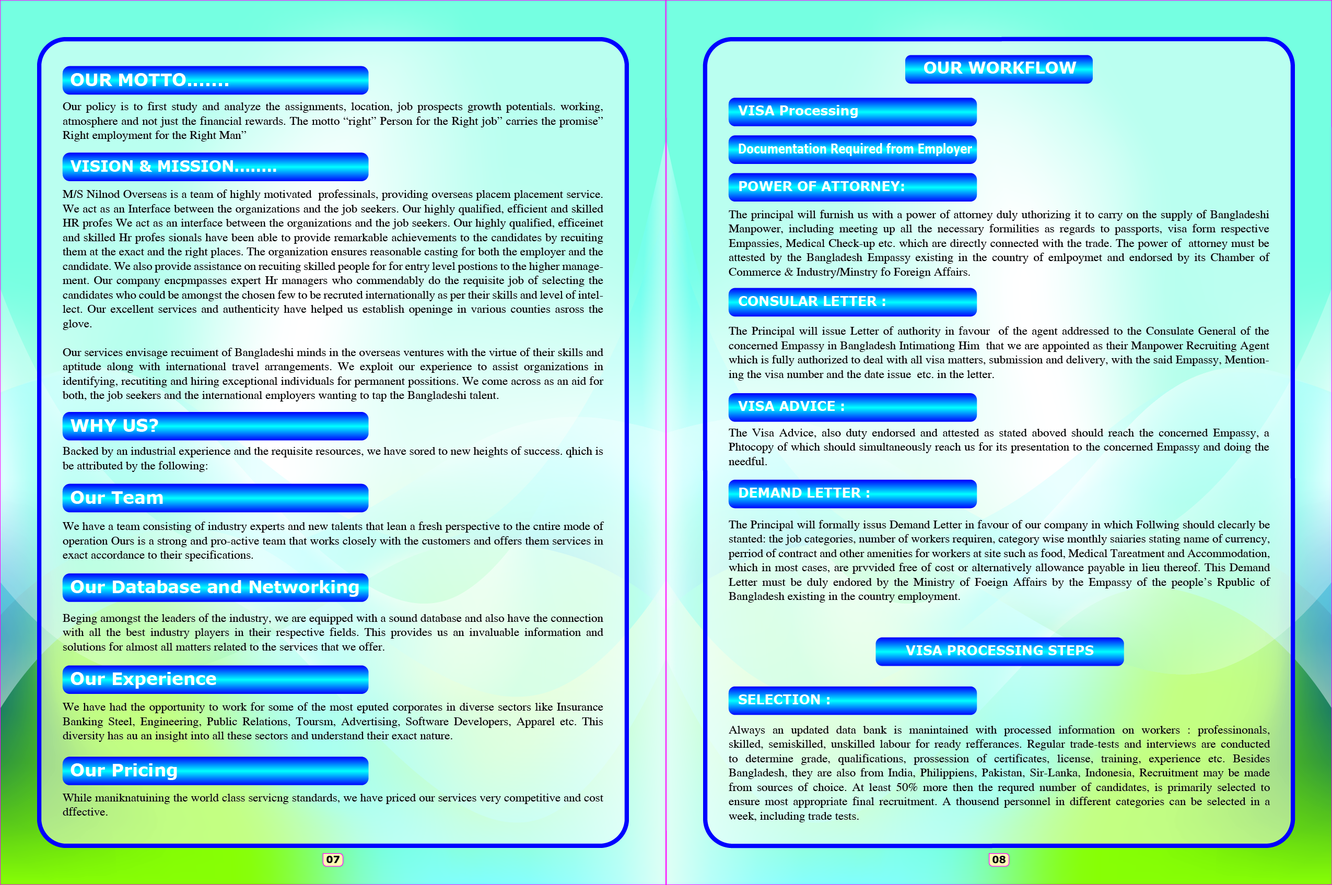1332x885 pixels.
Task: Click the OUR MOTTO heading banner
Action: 215,80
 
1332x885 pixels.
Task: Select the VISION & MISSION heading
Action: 215,167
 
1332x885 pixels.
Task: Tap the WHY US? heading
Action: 215,426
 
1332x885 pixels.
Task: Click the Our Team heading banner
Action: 215,498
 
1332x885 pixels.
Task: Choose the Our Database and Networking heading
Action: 215,587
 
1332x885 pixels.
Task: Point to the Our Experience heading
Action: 215,679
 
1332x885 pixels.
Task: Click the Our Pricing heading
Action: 215,771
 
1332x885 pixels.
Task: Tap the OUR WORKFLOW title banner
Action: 998,69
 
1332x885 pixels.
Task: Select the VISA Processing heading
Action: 852,111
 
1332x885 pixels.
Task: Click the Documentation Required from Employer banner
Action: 852,149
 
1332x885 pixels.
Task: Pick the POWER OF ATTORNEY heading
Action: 852,187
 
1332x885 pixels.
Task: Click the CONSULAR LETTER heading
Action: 852,302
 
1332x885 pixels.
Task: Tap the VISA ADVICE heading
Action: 852,407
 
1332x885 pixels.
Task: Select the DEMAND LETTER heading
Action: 852,493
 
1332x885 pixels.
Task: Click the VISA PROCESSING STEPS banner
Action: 999,651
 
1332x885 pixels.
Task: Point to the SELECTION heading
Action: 852,700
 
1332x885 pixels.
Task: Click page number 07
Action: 333,859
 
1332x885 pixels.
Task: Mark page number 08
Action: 998,859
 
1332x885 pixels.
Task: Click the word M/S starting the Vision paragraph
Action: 72,195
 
